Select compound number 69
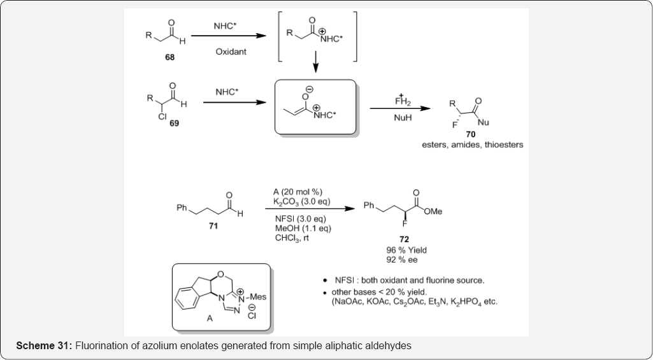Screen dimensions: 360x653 coord(174,123)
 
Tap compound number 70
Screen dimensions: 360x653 coord(470,135)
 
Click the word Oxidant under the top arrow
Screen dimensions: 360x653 coord(231,52)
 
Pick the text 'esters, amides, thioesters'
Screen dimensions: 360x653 coord(472,145)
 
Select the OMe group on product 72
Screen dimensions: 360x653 coord(433,212)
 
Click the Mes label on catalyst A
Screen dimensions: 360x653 coord(258,296)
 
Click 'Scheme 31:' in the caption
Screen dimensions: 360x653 coord(44,345)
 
